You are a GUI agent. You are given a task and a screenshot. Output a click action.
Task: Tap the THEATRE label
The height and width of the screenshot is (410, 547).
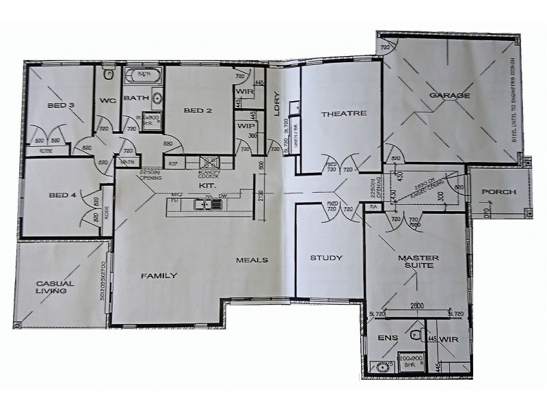344,113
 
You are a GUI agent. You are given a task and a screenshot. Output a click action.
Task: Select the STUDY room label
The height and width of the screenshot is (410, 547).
326,258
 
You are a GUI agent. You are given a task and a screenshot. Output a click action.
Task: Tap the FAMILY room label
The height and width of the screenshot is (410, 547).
159,275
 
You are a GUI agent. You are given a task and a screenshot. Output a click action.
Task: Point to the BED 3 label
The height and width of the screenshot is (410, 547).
61,105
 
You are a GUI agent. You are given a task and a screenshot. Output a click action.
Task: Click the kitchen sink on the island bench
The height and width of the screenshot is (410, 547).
202,204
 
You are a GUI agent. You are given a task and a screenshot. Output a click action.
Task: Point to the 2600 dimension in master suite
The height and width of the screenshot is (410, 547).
418,306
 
